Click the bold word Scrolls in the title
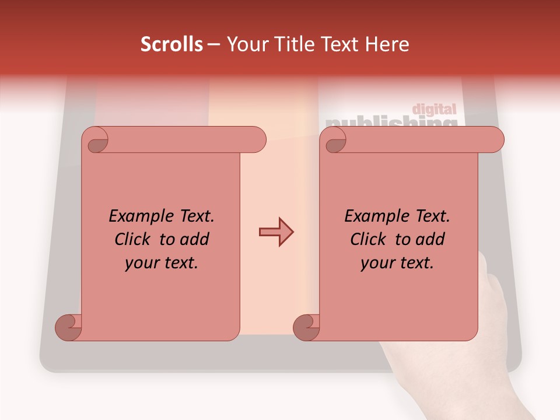pyautogui.click(x=171, y=44)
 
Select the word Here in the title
pyautogui.click(x=386, y=44)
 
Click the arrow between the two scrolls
pyautogui.click(x=276, y=232)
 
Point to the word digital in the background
pyautogui.click(x=434, y=109)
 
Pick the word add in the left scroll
pyautogui.click(x=194, y=239)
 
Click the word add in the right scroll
pyautogui.click(x=429, y=239)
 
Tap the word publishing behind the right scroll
pyautogui.click(x=391, y=122)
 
